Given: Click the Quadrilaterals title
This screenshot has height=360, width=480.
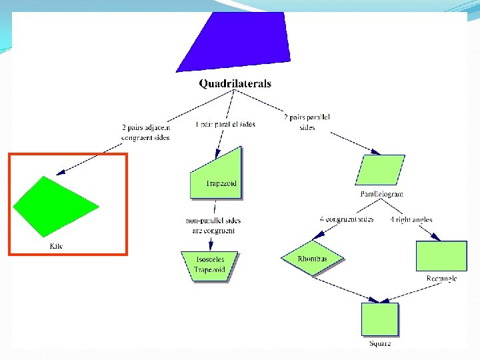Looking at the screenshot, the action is (x=235, y=84).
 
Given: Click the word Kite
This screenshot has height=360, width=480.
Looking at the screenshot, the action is (x=57, y=246).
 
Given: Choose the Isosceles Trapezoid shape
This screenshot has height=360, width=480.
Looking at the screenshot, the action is (x=209, y=265).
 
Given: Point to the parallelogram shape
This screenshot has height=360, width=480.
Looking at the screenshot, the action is (x=381, y=170).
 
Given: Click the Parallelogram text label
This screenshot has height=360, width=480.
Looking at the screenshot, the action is (x=382, y=194).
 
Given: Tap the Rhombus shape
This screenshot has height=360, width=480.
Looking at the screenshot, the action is (x=312, y=258).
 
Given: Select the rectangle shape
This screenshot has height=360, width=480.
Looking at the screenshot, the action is (x=441, y=256).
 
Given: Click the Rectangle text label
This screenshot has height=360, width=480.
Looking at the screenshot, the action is (x=441, y=279).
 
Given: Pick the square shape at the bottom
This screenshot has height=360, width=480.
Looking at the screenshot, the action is (x=380, y=319).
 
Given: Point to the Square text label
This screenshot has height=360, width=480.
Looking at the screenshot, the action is (x=380, y=343).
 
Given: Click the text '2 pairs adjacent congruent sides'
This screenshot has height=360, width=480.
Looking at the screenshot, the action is (x=145, y=132).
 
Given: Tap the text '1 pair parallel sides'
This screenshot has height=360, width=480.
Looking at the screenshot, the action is (x=225, y=124).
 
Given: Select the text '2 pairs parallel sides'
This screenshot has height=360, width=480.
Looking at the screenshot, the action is (x=307, y=121).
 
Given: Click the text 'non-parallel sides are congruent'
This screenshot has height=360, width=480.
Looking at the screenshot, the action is (x=213, y=225).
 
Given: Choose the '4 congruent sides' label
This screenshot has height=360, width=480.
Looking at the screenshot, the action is (x=346, y=219).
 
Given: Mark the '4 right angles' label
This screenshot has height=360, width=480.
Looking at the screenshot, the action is (x=411, y=219).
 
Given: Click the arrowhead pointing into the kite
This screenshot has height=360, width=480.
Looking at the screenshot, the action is (x=60, y=173).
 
